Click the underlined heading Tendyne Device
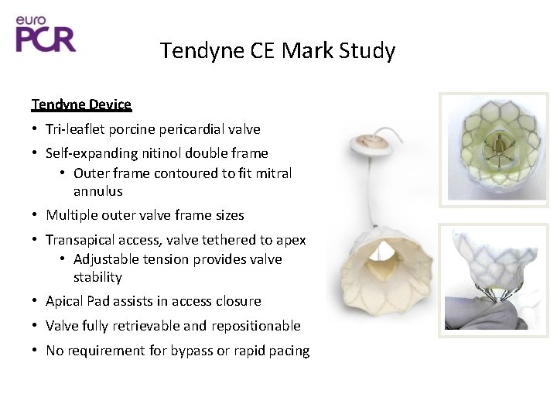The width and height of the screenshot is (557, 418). click(81, 104)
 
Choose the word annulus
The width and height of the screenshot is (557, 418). click(98, 191)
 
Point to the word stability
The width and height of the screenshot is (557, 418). click(98, 277)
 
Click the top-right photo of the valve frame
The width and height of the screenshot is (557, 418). click(504, 150)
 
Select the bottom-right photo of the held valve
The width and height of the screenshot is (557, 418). click(504, 280)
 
